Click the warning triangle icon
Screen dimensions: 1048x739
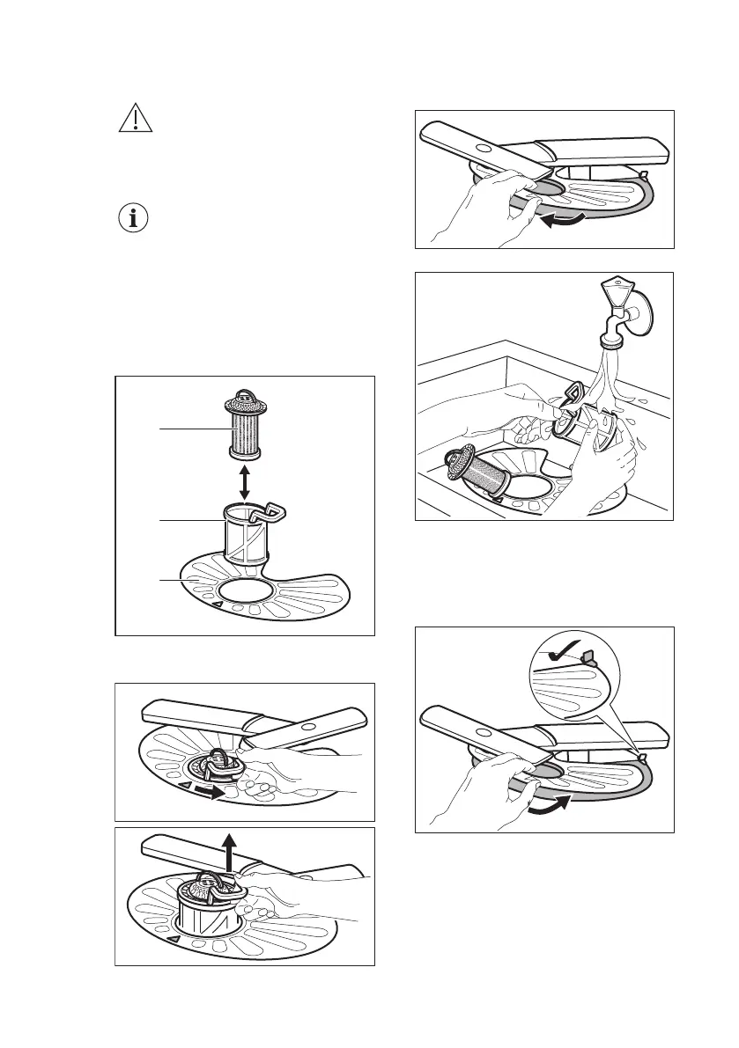[x=135, y=118]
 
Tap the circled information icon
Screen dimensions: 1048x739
[x=135, y=218]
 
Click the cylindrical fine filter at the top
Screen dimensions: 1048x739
[x=244, y=426]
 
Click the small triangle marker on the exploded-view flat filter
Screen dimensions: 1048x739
[x=214, y=605]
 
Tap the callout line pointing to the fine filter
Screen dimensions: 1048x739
[x=189, y=429]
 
